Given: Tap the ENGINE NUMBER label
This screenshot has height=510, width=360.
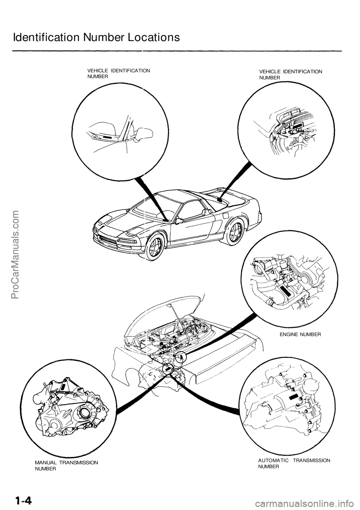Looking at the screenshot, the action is [x=300, y=334].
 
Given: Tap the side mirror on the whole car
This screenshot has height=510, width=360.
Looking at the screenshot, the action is [x=179, y=221].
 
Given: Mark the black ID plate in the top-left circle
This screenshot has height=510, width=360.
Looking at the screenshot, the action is [x=107, y=138].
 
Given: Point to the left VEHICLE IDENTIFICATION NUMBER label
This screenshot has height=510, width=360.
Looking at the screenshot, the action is [x=118, y=73].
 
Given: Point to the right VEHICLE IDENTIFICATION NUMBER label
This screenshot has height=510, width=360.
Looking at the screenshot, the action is [x=291, y=75].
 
